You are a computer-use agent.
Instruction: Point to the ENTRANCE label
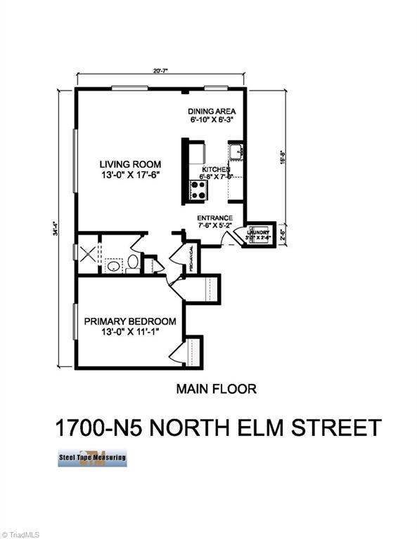pos(215,217)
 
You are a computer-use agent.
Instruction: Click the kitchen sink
pos(236,150)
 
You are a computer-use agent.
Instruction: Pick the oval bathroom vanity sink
pos(112,267)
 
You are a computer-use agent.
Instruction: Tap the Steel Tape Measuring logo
pos(92,458)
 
